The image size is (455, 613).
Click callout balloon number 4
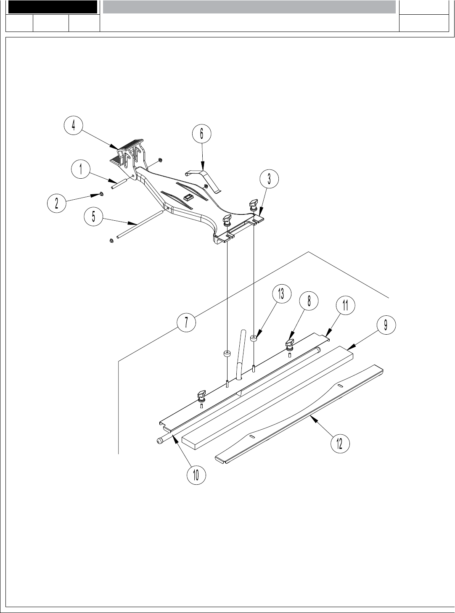point(74,125)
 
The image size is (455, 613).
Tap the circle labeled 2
point(56,203)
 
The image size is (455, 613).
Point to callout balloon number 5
point(94,217)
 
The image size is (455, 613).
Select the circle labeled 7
point(186,322)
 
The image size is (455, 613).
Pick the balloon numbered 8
point(309,301)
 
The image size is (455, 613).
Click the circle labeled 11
point(345,305)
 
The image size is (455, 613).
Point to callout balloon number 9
point(385,325)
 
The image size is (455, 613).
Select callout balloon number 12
point(340,443)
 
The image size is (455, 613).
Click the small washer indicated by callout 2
point(101,194)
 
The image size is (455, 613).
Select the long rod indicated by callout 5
point(139,225)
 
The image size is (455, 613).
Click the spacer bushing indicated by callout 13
point(254,338)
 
